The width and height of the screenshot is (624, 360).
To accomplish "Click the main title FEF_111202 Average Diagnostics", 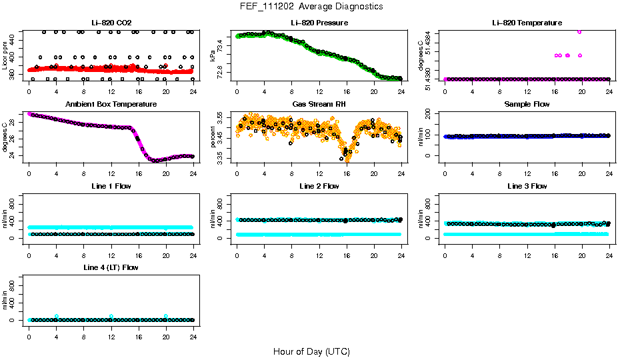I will point(312,6).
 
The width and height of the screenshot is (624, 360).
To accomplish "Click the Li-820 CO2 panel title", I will point(111,23).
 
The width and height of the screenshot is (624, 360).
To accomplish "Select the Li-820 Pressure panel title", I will point(319,23).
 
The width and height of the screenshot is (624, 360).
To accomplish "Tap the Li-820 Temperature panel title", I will point(527,23).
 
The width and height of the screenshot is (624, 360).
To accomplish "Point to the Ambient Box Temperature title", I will point(111,105).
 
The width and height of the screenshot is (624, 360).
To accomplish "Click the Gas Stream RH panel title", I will point(319,105).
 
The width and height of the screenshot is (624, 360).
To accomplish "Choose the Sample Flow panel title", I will point(527,105).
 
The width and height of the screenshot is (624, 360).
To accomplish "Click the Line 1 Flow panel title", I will point(111,187).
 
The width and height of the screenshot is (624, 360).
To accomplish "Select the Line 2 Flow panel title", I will point(319,187).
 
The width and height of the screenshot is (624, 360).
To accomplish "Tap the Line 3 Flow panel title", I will point(527,187).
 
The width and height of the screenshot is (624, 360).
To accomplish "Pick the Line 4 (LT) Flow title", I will point(111,268).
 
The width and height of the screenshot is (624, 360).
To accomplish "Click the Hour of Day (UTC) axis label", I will point(311,351).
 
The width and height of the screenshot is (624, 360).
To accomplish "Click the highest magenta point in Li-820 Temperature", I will point(579,31).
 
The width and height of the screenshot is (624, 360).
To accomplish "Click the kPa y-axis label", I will point(213,57).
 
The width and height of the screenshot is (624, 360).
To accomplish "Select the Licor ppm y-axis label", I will point(5,56).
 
